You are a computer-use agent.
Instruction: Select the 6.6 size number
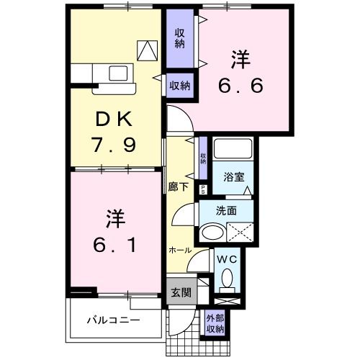pyautogui.click(x=241, y=85)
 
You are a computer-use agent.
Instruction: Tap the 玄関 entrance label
pyautogui.click(x=180, y=293)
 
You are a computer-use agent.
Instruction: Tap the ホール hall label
pyautogui.click(x=180, y=250)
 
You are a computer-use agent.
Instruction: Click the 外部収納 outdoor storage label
pyautogui.click(x=215, y=323)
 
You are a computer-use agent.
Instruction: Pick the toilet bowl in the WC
pyautogui.click(x=228, y=278)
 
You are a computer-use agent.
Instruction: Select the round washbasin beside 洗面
pyautogui.click(x=212, y=233)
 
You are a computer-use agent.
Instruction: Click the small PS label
pyautogui.click(x=203, y=189)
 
